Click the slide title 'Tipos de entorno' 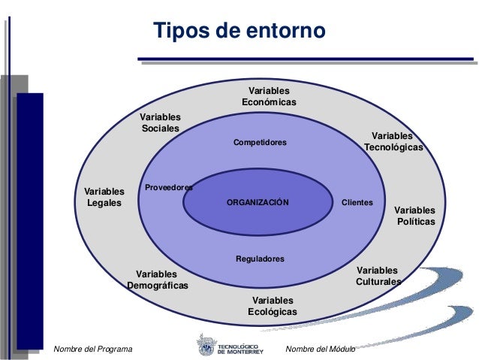(x=239, y=32)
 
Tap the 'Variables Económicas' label (x=269, y=96)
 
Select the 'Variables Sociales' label (x=161, y=123)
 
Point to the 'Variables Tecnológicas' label (x=393, y=141)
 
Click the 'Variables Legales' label (x=104, y=197)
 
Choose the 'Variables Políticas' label (x=414, y=215)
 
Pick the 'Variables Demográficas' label (x=157, y=280)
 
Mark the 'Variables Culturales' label (x=378, y=276)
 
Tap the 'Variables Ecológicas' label (x=273, y=306)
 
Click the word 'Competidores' (x=260, y=142)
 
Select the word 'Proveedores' (x=169, y=187)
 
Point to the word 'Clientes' (x=357, y=203)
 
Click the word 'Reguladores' (x=260, y=259)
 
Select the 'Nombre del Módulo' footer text (x=321, y=349)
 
